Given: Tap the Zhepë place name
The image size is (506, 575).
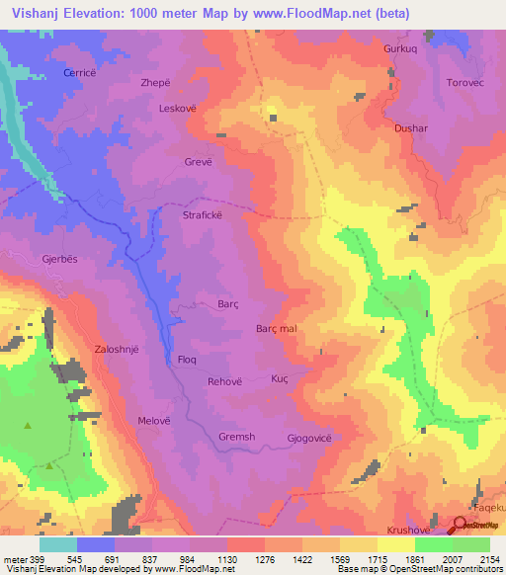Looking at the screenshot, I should tap(184, 85).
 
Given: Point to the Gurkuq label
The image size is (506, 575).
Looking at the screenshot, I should tap(402, 48).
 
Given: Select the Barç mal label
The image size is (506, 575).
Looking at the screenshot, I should tap(277, 329).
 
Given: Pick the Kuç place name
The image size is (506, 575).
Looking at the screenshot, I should tap(280, 379).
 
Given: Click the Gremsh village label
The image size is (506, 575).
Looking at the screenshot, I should tap(236, 437).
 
